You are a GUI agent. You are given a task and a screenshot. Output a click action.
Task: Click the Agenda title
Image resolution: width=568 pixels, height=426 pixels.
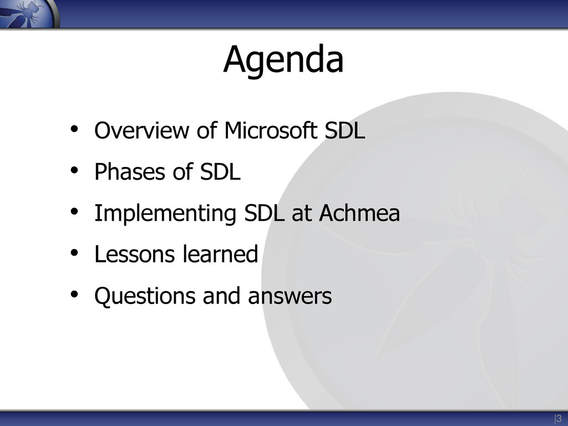[x=283, y=60]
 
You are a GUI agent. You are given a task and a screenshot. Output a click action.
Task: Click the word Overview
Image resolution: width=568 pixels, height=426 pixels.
[x=141, y=130]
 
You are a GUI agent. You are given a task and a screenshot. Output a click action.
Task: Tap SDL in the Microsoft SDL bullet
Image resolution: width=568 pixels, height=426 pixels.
[x=344, y=130]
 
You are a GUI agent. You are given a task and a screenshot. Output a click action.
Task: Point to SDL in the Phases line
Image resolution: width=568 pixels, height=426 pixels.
[x=220, y=171]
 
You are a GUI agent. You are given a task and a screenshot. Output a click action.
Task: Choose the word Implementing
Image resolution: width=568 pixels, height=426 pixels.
[x=165, y=214]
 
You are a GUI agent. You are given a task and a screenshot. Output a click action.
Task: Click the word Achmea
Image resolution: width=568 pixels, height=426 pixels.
[x=359, y=212]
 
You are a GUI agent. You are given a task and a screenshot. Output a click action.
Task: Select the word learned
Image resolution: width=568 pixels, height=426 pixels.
[x=220, y=254]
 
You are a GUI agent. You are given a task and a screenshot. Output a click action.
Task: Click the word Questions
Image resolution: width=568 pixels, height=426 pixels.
[x=145, y=296]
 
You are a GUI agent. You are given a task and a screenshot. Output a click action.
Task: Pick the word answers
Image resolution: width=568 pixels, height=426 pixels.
[x=290, y=296]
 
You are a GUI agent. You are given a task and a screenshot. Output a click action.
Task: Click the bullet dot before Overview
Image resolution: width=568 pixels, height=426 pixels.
[x=74, y=129]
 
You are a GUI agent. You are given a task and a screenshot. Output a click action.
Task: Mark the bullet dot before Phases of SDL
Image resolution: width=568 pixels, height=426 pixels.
[x=74, y=170]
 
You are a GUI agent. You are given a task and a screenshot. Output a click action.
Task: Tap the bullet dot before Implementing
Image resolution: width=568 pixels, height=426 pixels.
[x=74, y=211]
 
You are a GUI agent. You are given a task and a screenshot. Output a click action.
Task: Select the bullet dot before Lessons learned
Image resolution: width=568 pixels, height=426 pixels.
[x=74, y=253]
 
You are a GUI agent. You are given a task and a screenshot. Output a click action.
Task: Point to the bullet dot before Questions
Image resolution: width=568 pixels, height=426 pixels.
[x=74, y=294]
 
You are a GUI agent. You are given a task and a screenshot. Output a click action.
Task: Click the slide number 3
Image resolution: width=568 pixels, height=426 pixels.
[x=559, y=418]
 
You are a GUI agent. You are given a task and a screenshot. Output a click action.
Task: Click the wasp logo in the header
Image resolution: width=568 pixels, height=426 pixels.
[x=28, y=14]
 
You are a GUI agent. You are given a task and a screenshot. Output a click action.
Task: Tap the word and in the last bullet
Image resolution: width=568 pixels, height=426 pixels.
[x=221, y=296]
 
